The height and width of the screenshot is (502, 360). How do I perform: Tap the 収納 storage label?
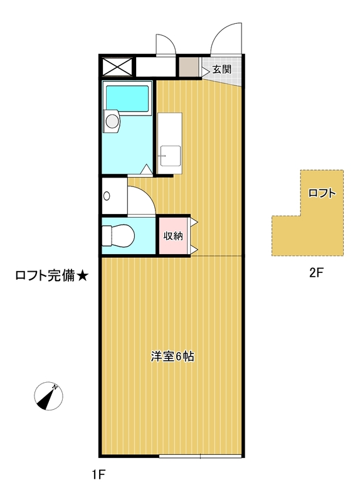pos(173,236)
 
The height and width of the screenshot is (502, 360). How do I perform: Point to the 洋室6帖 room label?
pos(172,357)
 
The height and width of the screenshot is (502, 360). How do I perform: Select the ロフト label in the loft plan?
pos(322,193)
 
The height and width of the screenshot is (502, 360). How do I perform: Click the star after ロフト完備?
pos(83,276)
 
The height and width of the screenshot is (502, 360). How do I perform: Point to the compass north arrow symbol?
pos(47,396)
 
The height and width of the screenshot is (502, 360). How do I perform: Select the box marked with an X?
pos(118,67)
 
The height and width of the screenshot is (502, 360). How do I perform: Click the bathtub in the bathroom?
pos(127,97)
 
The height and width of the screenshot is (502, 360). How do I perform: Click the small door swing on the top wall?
pos(165,43)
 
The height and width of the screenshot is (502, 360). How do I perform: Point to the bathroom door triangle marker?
pos(146,169)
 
